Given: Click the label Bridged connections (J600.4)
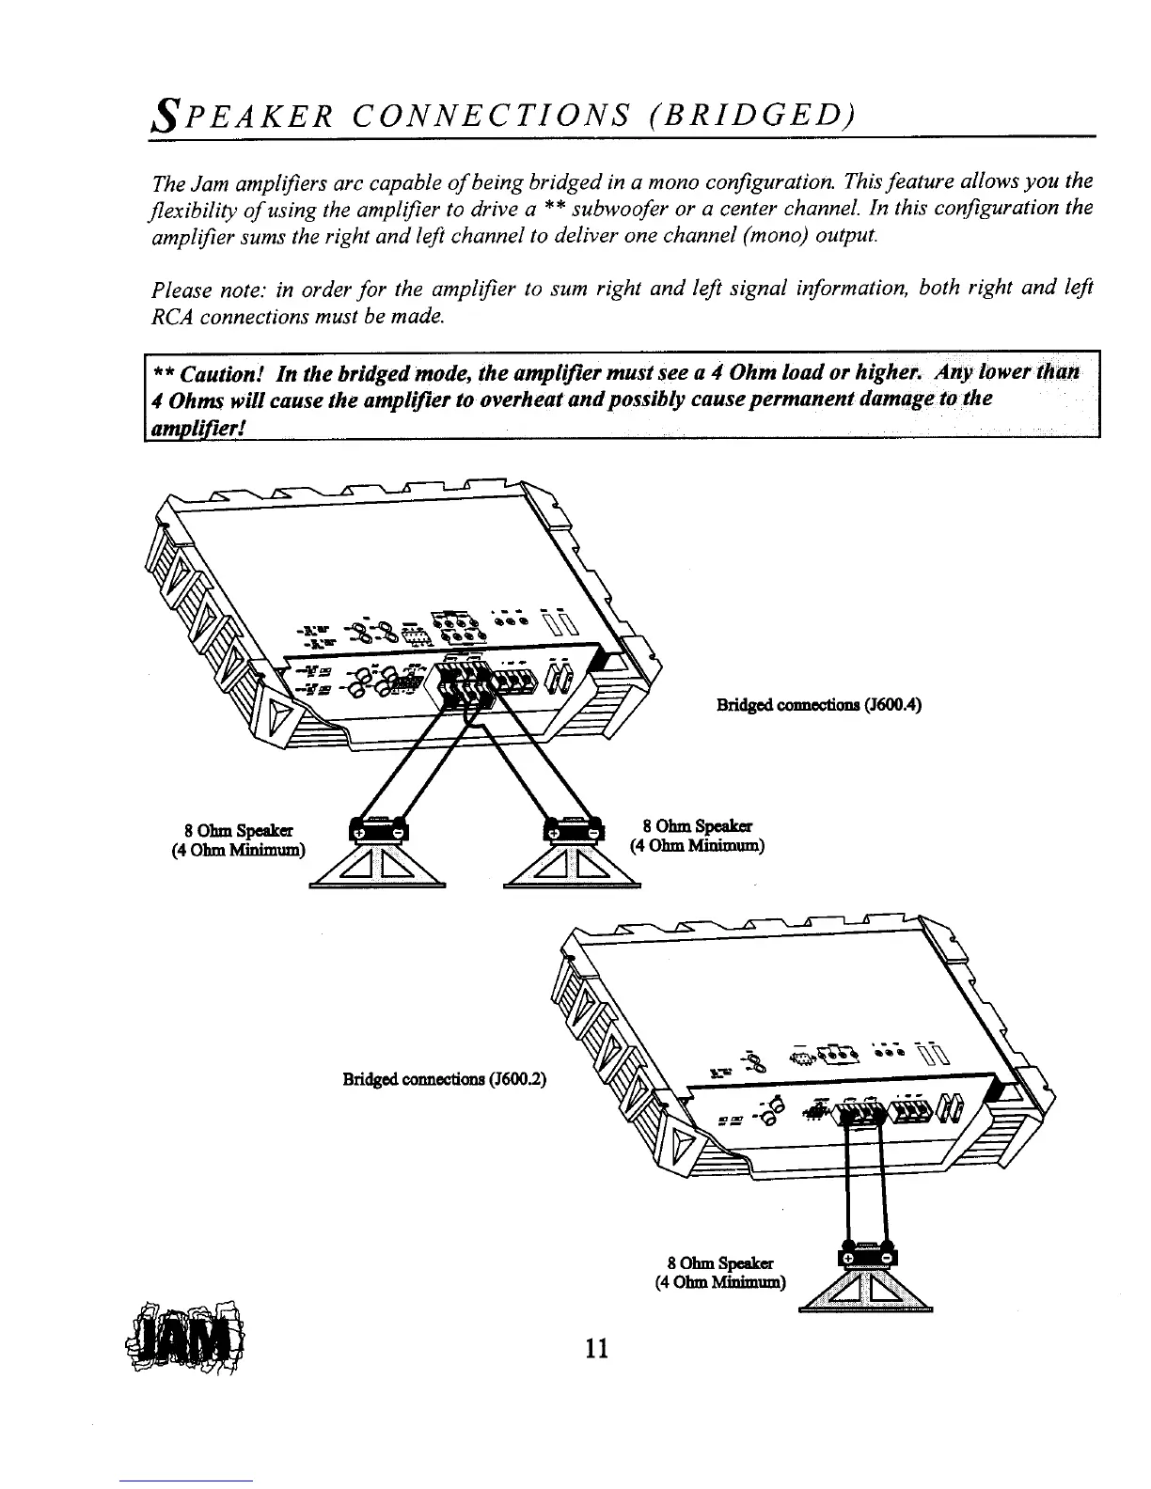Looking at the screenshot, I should click(x=817, y=704).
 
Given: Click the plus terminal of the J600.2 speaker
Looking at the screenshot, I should click(x=846, y=1258).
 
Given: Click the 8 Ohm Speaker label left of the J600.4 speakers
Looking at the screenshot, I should click(x=239, y=829).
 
